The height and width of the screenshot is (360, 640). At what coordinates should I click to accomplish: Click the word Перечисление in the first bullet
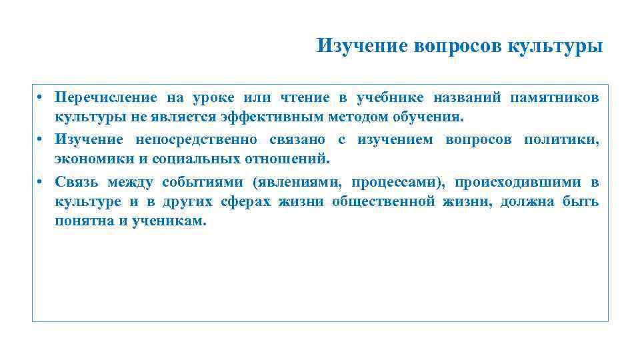click(107, 99)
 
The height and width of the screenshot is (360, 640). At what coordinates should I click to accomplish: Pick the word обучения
click(427, 119)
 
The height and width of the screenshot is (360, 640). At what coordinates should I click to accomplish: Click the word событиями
click(204, 181)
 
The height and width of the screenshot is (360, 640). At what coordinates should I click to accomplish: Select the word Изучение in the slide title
click(363, 47)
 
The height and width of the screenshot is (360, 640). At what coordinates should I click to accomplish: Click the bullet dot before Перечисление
click(40, 99)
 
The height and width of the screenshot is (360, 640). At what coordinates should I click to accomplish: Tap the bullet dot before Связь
click(40, 181)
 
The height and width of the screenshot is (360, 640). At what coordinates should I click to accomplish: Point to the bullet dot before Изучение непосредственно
click(40, 139)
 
